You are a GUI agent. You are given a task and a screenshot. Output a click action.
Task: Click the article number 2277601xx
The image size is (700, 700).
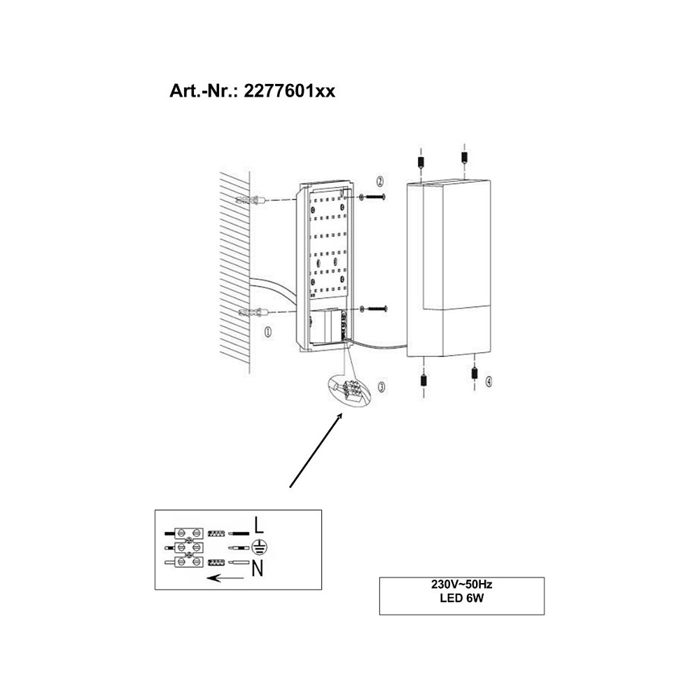(x=289, y=91)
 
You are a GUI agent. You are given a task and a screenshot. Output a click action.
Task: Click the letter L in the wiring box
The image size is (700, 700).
(x=259, y=525)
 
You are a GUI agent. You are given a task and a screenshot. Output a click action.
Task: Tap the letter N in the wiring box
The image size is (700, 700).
(x=258, y=568)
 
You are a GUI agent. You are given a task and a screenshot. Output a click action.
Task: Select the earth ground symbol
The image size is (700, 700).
(x=258, y=547)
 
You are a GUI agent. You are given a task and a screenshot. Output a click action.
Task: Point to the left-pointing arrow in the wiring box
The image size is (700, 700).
(x=225, y=578)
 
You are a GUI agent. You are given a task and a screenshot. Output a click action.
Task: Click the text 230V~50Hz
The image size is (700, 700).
(x=461, y=584)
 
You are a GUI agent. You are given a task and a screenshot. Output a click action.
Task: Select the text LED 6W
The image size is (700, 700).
(x=461, y=598)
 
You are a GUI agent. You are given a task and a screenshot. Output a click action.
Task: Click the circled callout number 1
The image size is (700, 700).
(x=268, y=332)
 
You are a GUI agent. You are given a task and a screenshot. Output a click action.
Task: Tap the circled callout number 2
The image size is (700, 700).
(x=380, y=181)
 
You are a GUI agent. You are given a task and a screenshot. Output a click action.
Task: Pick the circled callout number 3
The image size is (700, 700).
(x=381, y=386)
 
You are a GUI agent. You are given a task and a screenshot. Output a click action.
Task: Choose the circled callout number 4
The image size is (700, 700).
(x=489, y=381)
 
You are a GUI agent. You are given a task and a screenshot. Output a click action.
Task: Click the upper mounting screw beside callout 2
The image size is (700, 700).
(x=372, y=197)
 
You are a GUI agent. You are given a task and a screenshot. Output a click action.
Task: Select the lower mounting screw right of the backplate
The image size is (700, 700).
(x=373, y=309)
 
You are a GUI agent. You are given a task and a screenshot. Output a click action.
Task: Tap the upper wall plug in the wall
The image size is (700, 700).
(x=251, y=199)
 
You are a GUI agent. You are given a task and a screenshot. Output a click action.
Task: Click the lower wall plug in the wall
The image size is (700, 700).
(x=252, y=312)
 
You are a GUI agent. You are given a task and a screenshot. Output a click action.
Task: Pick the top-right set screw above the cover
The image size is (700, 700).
(x=464, y=157)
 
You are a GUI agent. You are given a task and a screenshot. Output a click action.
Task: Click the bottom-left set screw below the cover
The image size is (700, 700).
(x=423, y=380)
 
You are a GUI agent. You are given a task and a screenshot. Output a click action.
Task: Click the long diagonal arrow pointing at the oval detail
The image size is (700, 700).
(x=316, y=450)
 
